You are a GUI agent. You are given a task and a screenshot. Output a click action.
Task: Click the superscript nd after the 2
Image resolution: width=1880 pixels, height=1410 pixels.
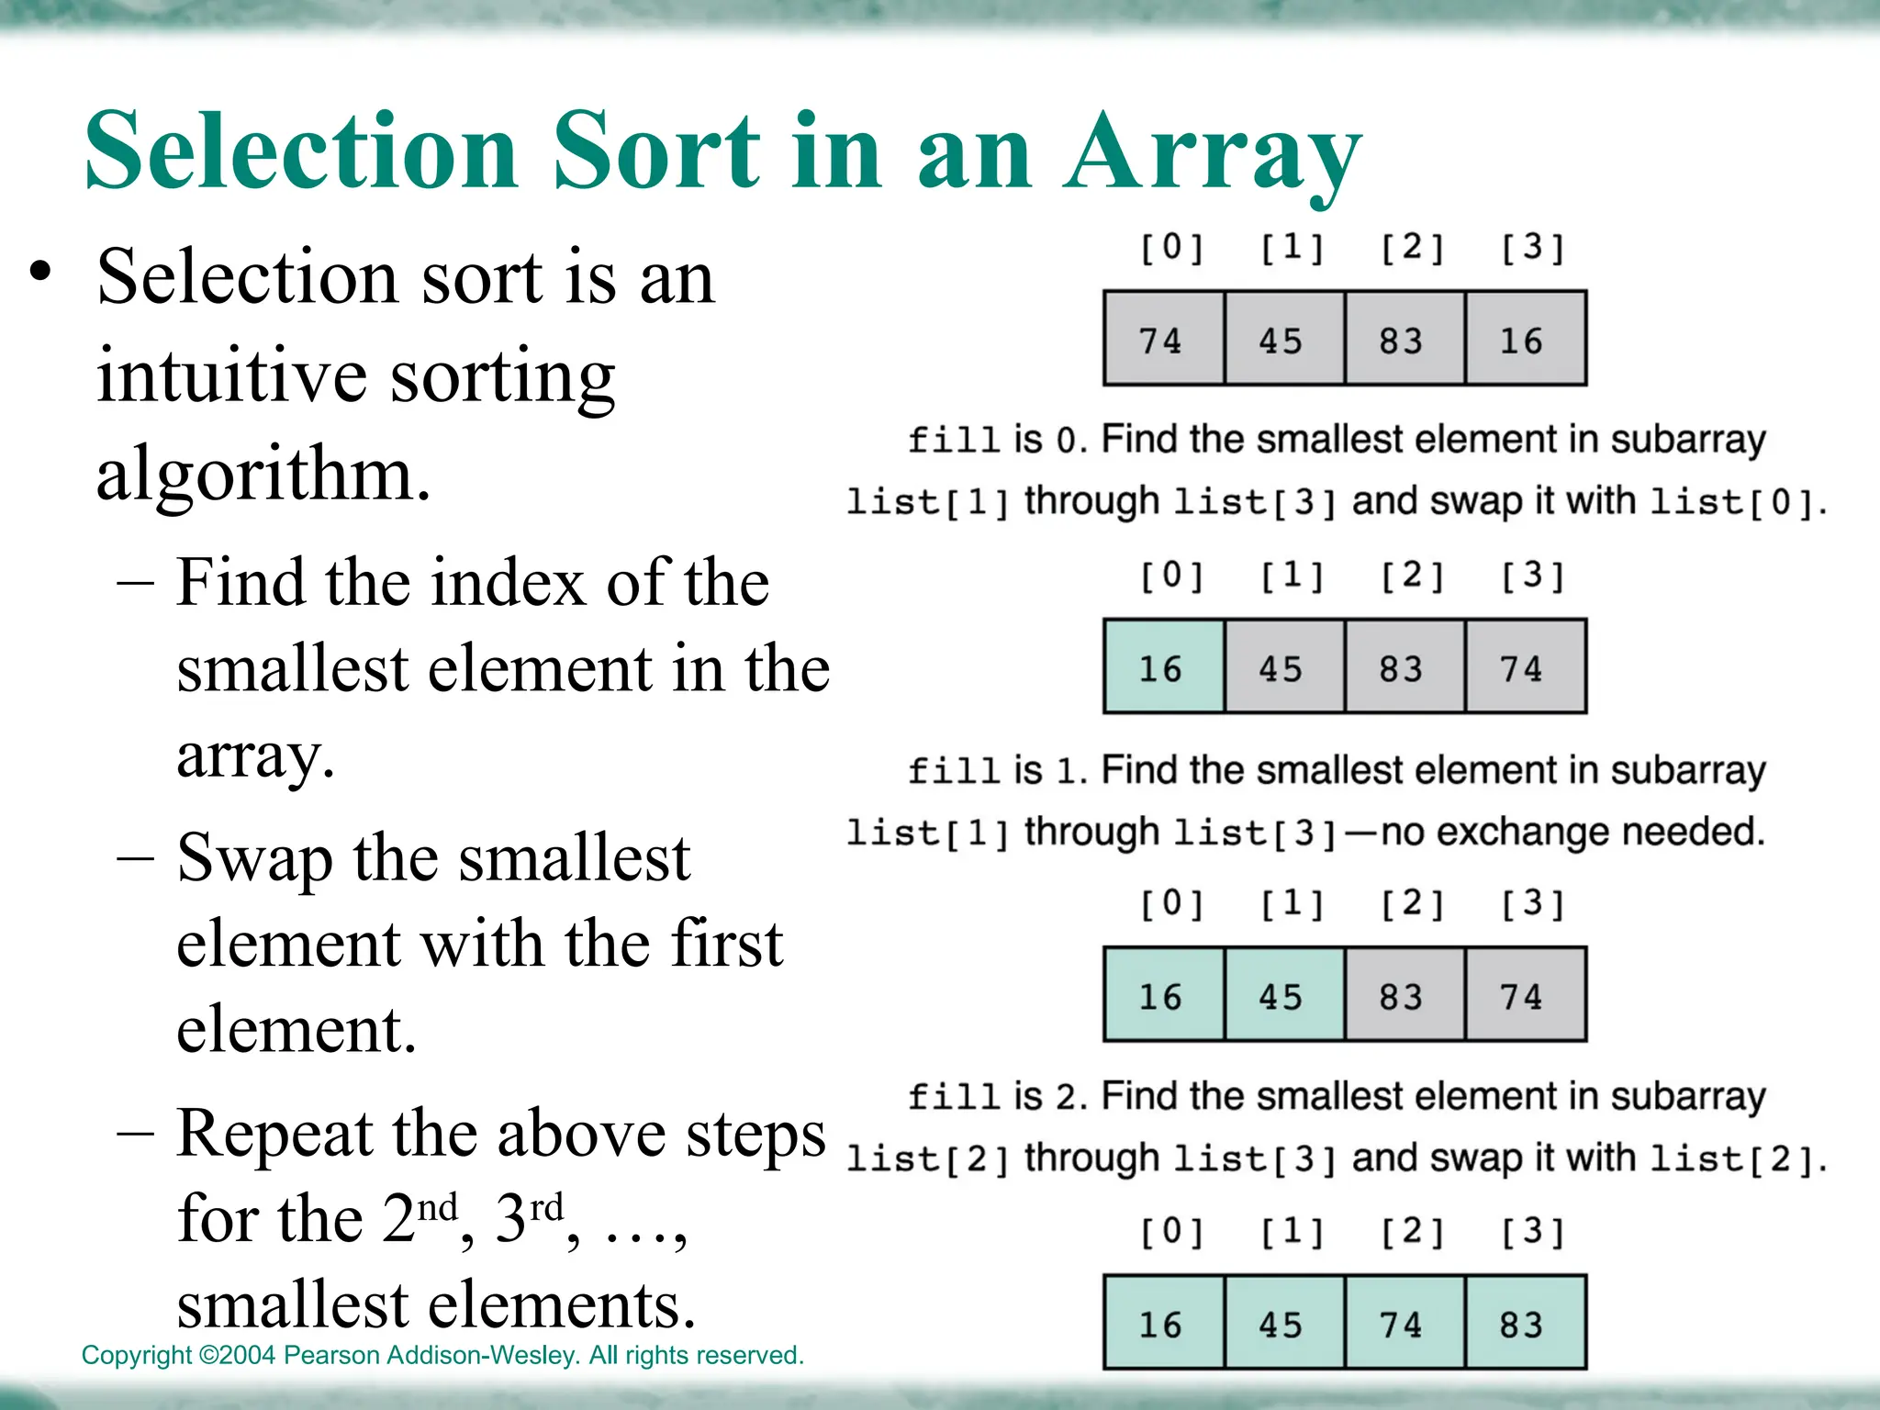[x=438, y=1206]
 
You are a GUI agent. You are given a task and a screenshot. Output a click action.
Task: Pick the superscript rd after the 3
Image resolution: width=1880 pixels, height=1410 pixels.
[x=546, y=1206]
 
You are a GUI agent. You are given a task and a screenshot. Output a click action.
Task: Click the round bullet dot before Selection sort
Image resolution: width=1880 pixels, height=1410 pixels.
[x=39, y=273]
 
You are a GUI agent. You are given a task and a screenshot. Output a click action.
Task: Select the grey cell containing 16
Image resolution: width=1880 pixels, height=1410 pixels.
[x=1525, y=339]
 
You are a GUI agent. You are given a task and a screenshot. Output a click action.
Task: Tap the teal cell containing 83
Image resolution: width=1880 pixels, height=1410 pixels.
[x=1525, y=1323]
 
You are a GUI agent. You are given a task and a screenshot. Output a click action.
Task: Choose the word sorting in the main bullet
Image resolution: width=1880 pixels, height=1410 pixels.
[x=502, y=376]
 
